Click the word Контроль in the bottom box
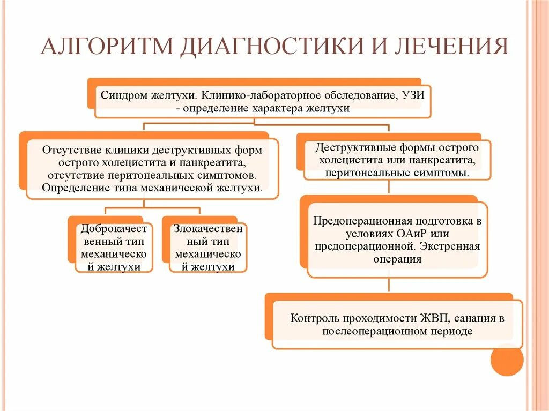(313, 318)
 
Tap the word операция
(397, 259)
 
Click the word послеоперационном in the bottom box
(374, 331)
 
